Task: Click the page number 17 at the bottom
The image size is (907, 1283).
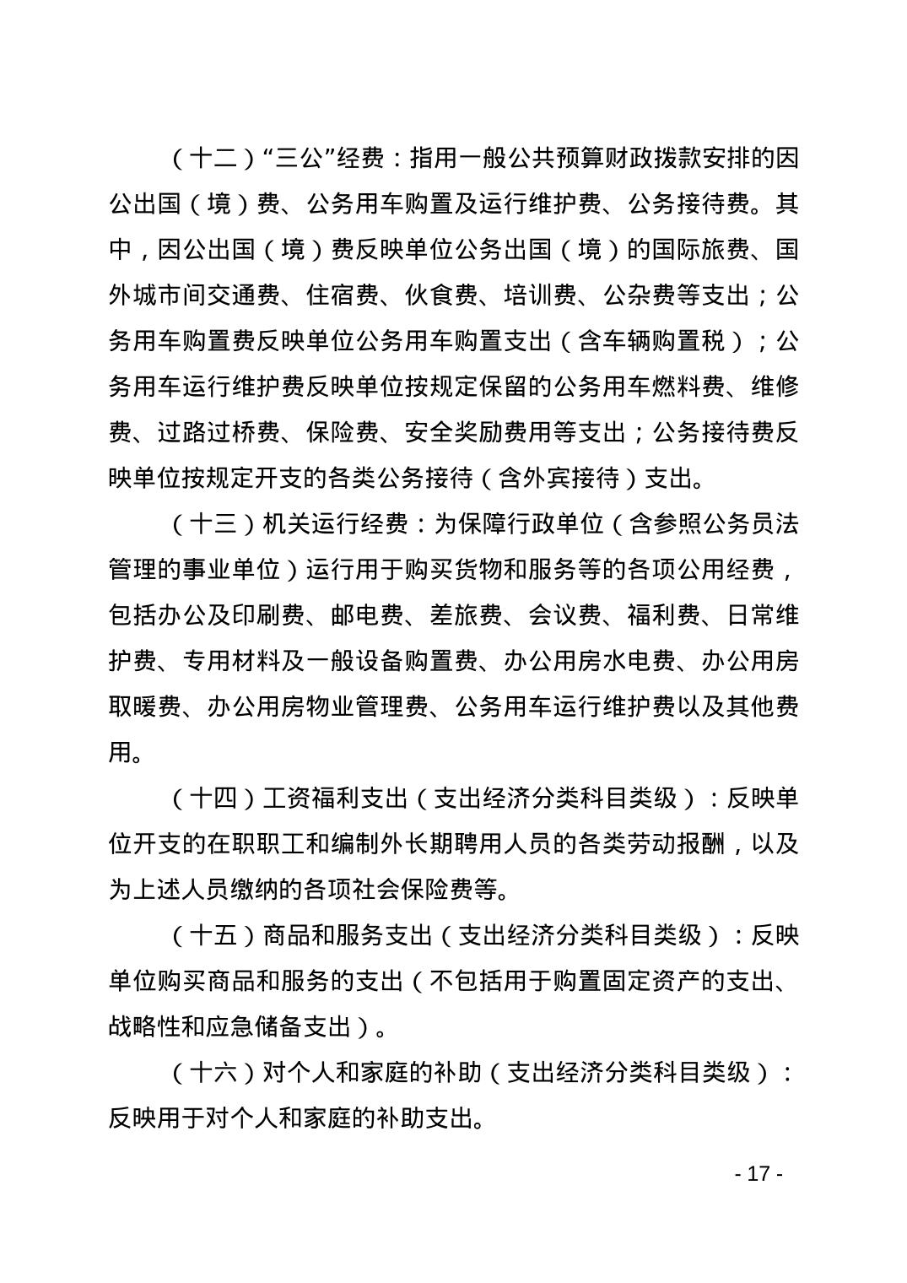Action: (759, 1174)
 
